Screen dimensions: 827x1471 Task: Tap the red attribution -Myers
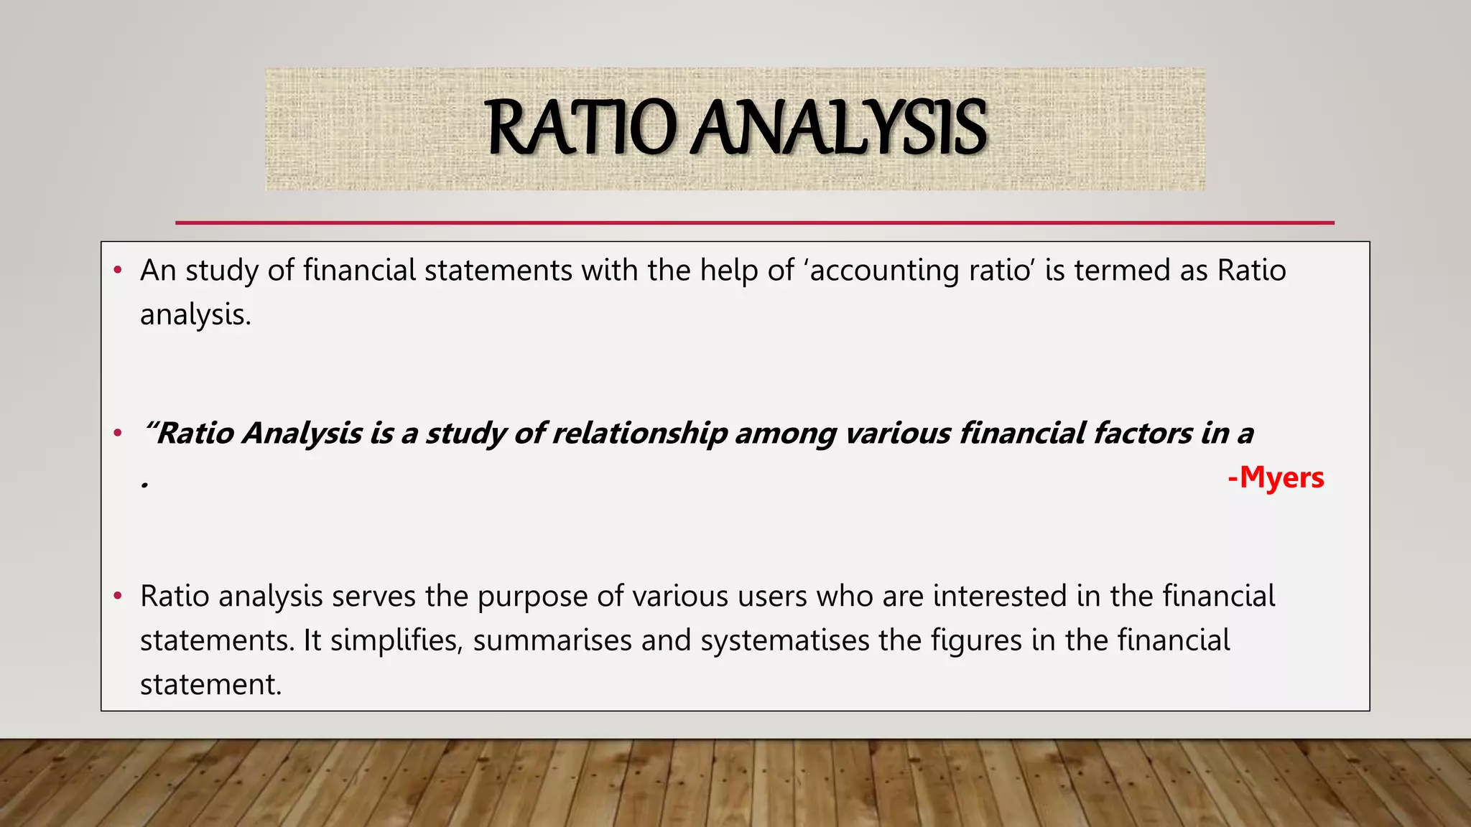(1276, 477)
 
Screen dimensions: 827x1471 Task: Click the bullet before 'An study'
(118, 271)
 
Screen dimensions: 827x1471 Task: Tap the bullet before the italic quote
(118, 434)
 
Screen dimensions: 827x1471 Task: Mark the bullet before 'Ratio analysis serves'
(118, 597)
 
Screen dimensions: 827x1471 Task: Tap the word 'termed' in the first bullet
(1122, 271)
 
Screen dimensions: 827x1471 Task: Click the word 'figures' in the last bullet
(976, 640)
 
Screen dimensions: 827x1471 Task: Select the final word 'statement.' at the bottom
(210, 685)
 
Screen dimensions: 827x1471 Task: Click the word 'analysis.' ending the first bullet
(195, 315)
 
